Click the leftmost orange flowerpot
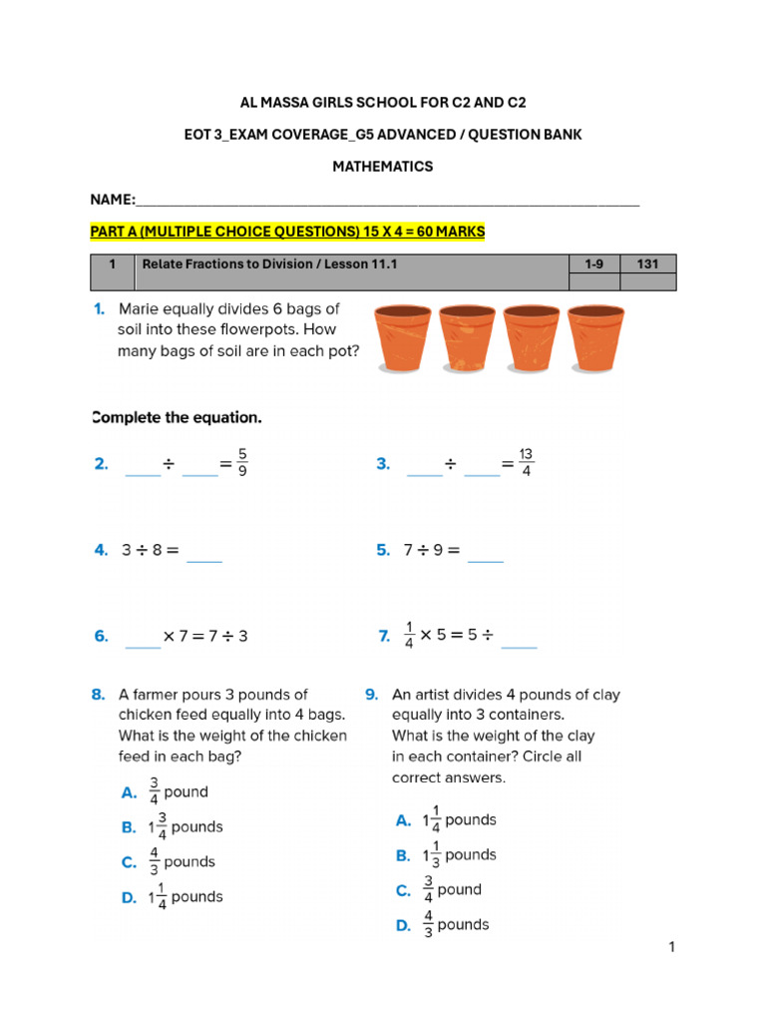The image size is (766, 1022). (402, 338)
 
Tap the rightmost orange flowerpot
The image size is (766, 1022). (595, 338)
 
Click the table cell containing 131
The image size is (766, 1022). (647, 263)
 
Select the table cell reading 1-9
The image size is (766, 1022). (593, 263)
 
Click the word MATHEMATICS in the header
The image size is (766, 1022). (382, 167)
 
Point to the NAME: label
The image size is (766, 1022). (113, 201)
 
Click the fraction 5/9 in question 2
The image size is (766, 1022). (242, 463)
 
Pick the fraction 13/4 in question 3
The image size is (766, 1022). (526, 463)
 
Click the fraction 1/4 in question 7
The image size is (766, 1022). (409, 636)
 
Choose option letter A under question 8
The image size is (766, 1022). (129, 792)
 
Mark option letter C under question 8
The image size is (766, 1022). (129, 862)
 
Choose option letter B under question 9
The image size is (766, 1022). (403, 855)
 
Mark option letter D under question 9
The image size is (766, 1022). (403, 925)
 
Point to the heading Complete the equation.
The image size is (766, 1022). (177, 417)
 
